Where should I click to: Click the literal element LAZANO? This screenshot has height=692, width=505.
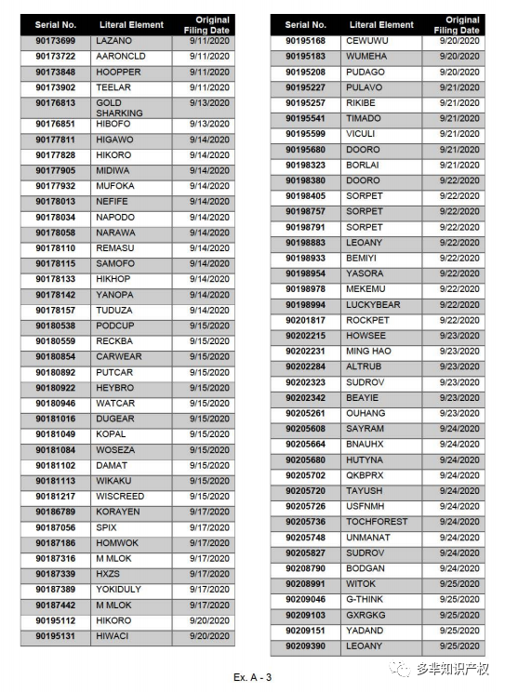[113, 42]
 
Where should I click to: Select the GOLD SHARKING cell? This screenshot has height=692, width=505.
[119, 108]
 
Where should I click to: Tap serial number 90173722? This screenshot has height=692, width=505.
[56, 57]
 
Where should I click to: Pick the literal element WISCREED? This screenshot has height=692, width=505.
[120, 497]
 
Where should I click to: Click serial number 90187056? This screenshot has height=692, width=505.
[56, 527]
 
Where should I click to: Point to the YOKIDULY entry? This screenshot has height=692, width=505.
[118, 590]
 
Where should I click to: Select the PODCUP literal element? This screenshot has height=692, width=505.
[114, 326]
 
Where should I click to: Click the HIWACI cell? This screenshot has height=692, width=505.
[113, 636]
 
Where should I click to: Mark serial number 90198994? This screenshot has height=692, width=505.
[305, 305]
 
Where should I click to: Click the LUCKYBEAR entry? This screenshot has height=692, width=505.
[373, 305]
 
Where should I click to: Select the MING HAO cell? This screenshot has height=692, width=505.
[368, 352]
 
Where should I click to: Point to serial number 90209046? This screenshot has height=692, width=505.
[305, 600]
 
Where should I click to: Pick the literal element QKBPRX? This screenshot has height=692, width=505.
[365, 475]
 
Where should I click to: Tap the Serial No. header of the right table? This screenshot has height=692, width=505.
[305, 25]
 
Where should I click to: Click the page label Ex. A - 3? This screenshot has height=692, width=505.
[252, 676]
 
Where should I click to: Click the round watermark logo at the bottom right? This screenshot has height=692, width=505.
[401, 668]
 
